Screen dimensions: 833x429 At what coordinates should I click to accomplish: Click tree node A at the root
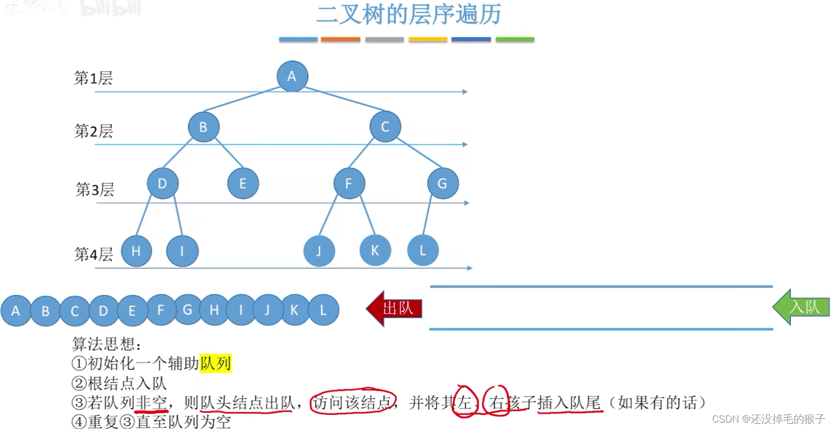(292, 76)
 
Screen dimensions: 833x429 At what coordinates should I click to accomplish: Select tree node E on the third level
(243, 183)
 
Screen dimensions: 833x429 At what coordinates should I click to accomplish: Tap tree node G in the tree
(443, 183)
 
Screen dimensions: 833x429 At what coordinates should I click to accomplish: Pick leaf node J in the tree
(319, 251)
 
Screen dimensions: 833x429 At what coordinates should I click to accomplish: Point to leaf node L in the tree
(423, 250)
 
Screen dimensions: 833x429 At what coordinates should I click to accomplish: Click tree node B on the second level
(203, 127)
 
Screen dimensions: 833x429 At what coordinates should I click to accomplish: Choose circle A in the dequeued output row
(16, 310)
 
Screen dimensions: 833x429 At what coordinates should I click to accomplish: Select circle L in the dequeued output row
(323, 310)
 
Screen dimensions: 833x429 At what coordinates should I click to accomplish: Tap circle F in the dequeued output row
(160, 310)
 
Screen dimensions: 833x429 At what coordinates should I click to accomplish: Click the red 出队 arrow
(395, 308)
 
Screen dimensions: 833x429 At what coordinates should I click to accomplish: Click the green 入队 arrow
(801, 307)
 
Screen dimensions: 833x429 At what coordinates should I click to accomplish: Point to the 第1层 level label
(93, 79)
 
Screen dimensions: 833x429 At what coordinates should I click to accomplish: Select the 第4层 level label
(94, 254)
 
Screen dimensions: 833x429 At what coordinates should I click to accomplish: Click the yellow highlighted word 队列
(215, 364)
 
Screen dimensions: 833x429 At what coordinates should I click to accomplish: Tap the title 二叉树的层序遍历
(408, 14)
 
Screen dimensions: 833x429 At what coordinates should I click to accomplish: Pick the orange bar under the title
(341, 40)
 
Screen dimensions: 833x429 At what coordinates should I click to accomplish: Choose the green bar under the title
(514, 40)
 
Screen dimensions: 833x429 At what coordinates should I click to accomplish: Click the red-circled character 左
(464, 402)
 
